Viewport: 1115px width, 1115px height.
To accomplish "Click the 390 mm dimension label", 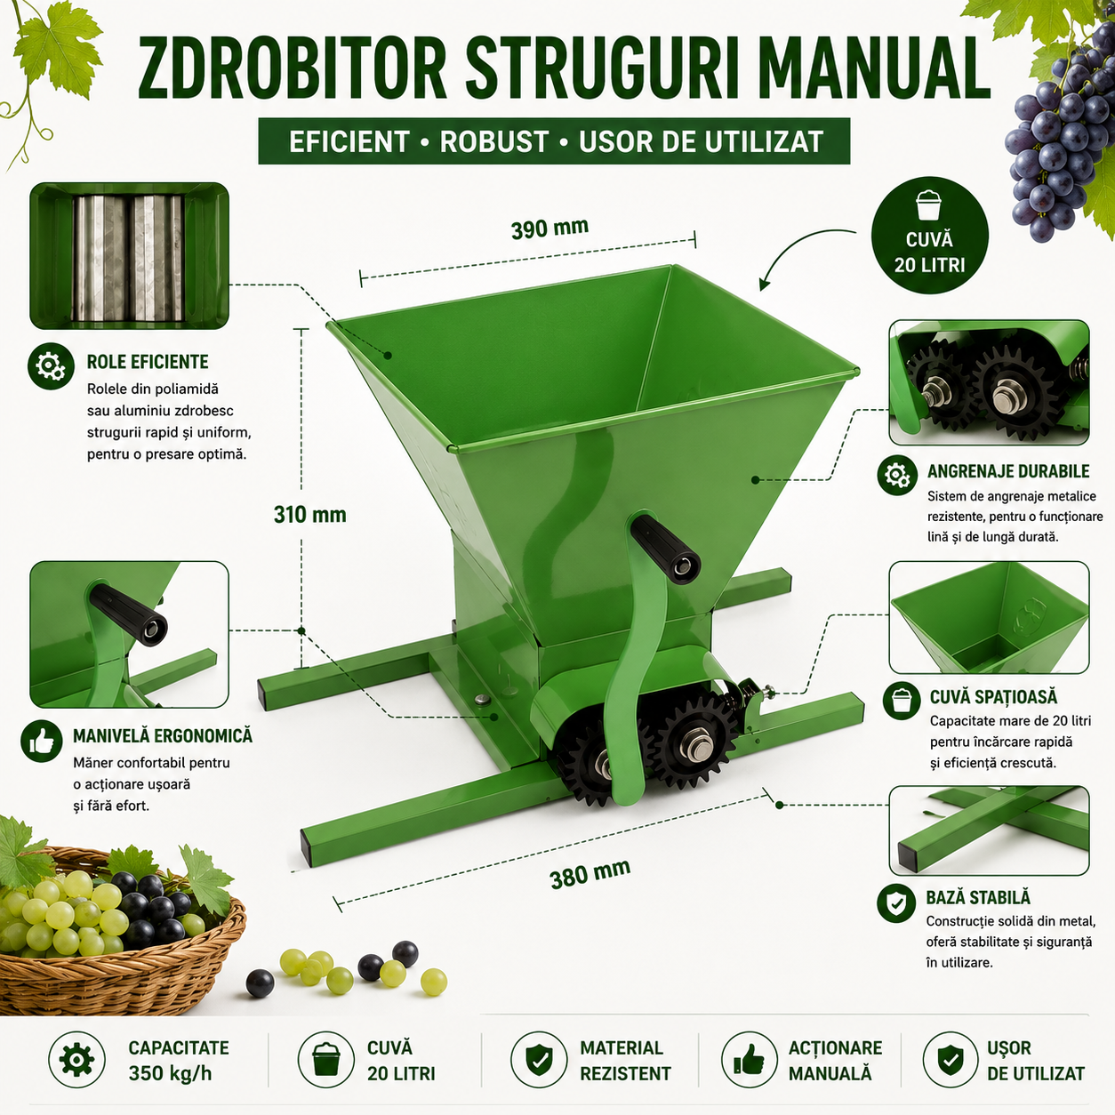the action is pyautogui.click(x=549, y=228).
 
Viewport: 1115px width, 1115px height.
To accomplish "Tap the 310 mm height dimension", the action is pyautogui.click(x=310, y=515).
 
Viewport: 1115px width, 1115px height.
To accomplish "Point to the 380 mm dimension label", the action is pyautogui.click(x=590, y=874).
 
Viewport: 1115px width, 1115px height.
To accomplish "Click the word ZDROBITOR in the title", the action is pyautogui.click(x=293, y=68).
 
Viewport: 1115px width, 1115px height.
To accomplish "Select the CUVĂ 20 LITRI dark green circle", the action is pyautogui.click(x=929, y=235).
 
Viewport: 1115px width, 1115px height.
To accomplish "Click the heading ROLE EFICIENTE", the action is pyautogui.click(x=148, y=362).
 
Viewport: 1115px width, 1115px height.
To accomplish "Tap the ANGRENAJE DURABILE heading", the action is pyautogui.click(x=1008, y=471).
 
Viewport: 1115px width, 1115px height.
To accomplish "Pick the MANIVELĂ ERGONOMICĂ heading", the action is pyautogui.click(x=163, y=735).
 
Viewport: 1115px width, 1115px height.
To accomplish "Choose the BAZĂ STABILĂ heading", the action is pyautogui.click(x=978, y=897).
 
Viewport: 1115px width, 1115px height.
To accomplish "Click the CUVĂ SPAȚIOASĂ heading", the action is pyautogui.click(x=993, y=697).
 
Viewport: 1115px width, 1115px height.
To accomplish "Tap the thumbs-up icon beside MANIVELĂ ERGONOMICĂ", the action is pyautogui.click(x=42, y=741).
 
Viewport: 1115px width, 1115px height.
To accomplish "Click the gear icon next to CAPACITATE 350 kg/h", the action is pyautogui.click(x=77, y=1060).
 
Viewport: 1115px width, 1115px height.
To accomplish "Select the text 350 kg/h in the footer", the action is pyautogui.click(x=170, y=1073).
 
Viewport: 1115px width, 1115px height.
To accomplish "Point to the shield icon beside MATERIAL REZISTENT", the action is pyautogui.click(x=539, y=1060).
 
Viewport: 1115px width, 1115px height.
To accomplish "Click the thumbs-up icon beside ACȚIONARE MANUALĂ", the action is pyautogui.click(x=750, y=1060).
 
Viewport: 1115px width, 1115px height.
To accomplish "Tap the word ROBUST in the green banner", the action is pyautogui.click(x=493, y=141).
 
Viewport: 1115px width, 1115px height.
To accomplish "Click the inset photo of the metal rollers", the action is pyautogui.click(x=129, y=256).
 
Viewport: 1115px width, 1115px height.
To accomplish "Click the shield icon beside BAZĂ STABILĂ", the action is pyautogui.click(x=896, y=902).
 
